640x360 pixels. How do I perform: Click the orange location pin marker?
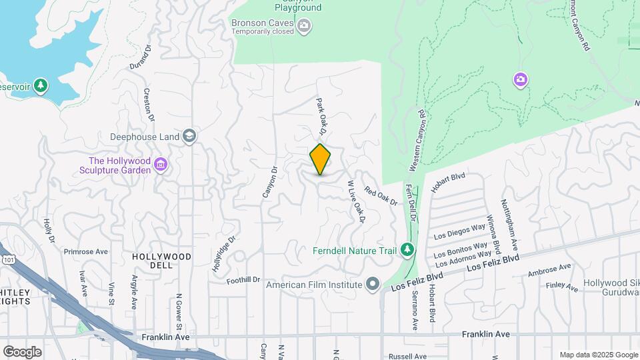tap(321, 159)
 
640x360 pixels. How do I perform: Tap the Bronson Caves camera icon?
tap(305, 26)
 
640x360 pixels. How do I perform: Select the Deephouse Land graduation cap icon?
tap(189, 137)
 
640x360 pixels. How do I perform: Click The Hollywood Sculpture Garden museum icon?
tap(160, 164)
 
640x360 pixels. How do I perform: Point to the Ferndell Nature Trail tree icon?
tap(407, 250)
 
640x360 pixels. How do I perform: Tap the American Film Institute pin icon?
tap(372, 285)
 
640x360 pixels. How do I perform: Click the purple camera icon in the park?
tap(521, 80)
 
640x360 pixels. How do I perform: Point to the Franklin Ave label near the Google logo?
tap(165, 338)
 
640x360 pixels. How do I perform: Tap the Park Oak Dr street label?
tap(322, 114)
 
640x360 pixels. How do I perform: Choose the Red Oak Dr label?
tap(381, 195)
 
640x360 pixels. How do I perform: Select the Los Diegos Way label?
tap(460, 231)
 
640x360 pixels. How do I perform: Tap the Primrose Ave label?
tap(85, 252)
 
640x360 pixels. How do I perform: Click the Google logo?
tap(22, 351)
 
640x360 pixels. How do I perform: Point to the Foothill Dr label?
tap(243, 281)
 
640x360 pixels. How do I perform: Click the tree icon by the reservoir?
tap(41, 86)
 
